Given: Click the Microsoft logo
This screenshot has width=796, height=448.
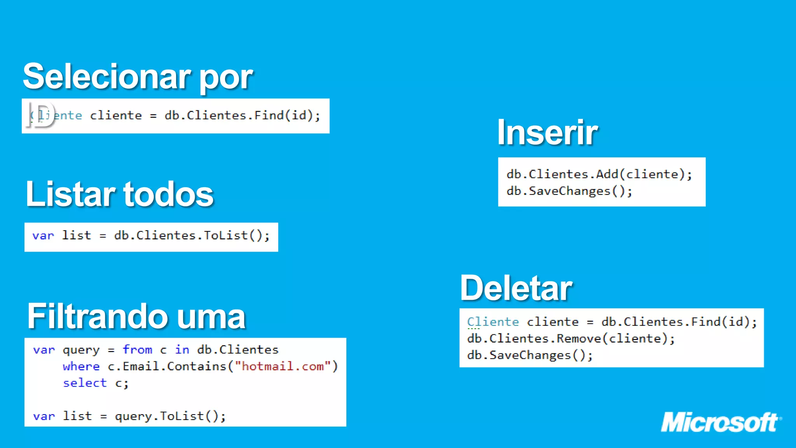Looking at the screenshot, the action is coord(721,422).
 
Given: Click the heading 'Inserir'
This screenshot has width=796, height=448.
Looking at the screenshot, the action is coord(547,133).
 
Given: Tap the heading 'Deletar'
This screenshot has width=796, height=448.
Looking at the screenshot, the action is coord(516,288).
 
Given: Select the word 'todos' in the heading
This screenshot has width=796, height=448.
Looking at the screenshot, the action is coord(168,194).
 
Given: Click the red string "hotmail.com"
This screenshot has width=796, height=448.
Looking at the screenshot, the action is coord(283,366).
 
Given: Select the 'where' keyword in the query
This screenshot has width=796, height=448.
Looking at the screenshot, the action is coord(81,366).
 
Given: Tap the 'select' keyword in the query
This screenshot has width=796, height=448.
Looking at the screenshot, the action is coord(85,383).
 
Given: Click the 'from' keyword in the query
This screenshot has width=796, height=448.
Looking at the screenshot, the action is coord(137,350).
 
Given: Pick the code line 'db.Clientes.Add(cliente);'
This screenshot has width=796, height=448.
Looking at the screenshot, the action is coord(599,174).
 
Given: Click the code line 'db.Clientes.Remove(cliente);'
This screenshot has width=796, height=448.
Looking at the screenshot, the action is coord(571,339).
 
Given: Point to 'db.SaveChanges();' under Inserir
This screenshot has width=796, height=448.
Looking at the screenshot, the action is coord(569,191).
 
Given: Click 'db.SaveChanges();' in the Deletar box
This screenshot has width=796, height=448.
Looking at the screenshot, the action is coord(530,355).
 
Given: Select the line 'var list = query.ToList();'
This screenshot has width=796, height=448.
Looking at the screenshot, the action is coord(129,416).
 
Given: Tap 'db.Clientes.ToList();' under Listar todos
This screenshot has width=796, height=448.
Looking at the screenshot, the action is coord(192,236).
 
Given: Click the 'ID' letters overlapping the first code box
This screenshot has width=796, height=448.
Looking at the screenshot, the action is coord(41,115).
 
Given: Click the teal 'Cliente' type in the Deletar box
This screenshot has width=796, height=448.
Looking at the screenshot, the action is coord(493,322).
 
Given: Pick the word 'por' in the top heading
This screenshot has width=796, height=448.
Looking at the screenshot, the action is coord(226,77).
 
